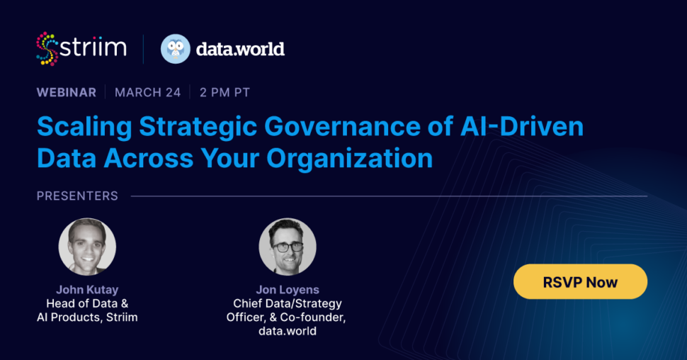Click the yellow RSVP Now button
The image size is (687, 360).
click(x=580, y=281)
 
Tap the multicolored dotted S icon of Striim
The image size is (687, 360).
click(x=47, y=49)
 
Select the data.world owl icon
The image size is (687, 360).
click(x=175, y=49)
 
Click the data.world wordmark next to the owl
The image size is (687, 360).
click(x=240, y=49)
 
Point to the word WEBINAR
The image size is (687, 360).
click(x=67, y=93)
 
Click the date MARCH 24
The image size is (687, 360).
click(x=147, y=93)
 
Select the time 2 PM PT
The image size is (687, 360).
click(x=225, y=93)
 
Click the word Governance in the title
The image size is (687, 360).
click(x=343, y=127)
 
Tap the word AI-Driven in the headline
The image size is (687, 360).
click(x=522, y=126)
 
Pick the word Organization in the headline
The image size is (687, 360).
click(x=350, y=158)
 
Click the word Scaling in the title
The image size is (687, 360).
click(x=84, y=127)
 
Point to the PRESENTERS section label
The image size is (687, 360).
click(x=77, y=196)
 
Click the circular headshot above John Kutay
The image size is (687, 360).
click(x=87, y=247)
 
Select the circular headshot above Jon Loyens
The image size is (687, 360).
click(x=288, y=247)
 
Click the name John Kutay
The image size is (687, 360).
click(x=87, y=289)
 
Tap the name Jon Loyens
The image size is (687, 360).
click(x=288, y=289)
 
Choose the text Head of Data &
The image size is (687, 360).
click(x=87, y=303)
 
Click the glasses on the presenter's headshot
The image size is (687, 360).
click(x=288, y=247)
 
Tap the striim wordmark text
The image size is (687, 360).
click(x=93, y=47)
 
